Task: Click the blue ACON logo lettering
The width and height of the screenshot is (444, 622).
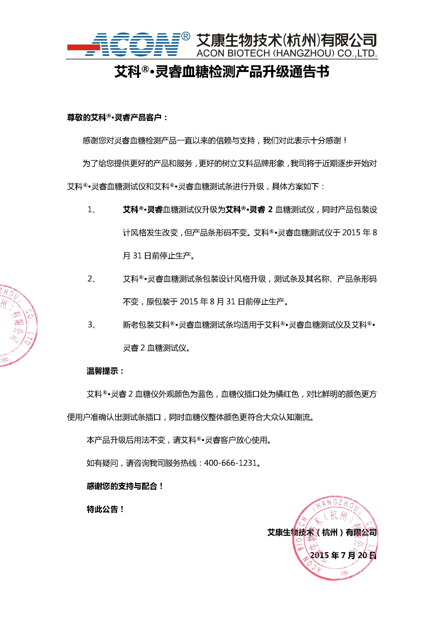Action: pyautogui.click(x=134, y=45)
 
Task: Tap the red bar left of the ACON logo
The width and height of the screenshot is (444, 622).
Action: pyautogui.click(x=82, y=47)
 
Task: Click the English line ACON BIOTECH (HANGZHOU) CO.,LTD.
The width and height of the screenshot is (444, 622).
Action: pyautogui.click(x=286, y=53)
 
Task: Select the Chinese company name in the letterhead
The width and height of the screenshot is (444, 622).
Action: pyautogui.click(x=286, y=40)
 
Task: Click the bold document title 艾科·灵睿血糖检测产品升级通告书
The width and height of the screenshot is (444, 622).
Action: pyautogui.click(x=222, y=72)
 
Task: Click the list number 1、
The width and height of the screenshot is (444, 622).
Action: pyautogui.click(x=91, y=209)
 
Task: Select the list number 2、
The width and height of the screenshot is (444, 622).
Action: pyautogui.click(x=91, y=279)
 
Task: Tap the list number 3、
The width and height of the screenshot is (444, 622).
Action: pyautogui.click(x=91, y=325)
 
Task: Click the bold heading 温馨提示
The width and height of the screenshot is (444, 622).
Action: pyautogui.click(x=105, y=371)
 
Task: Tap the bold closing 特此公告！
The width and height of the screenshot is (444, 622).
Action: pyautogui.click(x=105, y=509)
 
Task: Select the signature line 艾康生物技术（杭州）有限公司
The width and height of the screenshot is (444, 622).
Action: pyautogui.click(x=322, y=533)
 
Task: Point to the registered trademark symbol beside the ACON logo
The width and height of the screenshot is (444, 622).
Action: pyautogui.click(x=185, y=37)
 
